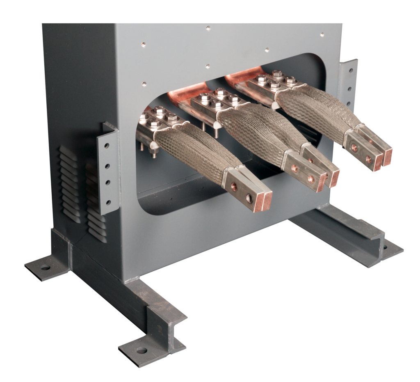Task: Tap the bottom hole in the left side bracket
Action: click(109, 202)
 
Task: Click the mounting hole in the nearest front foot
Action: click(142, 351)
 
